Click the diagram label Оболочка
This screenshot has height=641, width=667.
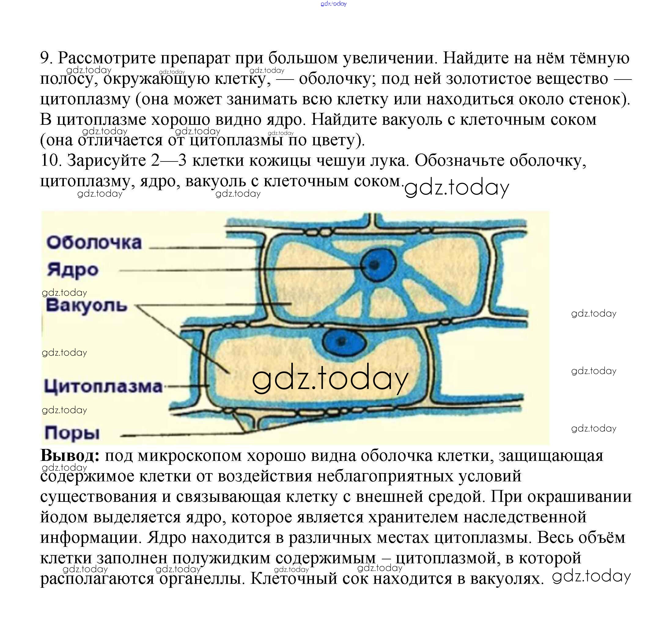coord(94,243)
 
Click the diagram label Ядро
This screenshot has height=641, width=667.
coord(72,270)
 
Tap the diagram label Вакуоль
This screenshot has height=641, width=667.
coord(87,305)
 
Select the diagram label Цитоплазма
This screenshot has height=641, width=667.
coord(103,386)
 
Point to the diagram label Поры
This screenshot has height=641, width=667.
coord(72,433)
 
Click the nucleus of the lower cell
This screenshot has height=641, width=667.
coord(344,341)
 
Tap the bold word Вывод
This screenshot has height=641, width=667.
coord(70,455)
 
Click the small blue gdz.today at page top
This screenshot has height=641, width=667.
coord(333,4)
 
